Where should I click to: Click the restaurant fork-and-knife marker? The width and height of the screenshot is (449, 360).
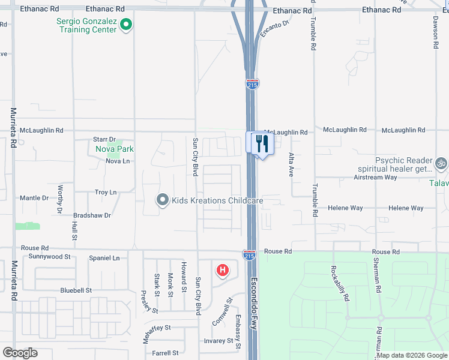[262, 143]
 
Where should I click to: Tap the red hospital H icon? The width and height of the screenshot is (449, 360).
[222, 271]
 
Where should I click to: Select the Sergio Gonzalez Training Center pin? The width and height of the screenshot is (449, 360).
[125, 25]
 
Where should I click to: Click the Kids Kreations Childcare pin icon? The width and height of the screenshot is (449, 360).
[162, 200]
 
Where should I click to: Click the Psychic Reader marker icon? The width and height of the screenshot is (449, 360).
[441, 163]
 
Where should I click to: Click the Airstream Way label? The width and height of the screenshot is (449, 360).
[375, 177]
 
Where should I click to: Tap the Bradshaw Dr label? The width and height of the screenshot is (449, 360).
[92, 215]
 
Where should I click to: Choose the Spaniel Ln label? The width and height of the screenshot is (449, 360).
[104, 258]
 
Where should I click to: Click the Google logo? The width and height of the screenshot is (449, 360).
[20, 353]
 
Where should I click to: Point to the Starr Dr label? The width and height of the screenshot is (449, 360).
[104, 139]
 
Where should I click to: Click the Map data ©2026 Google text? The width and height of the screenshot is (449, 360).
[411, 355]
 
